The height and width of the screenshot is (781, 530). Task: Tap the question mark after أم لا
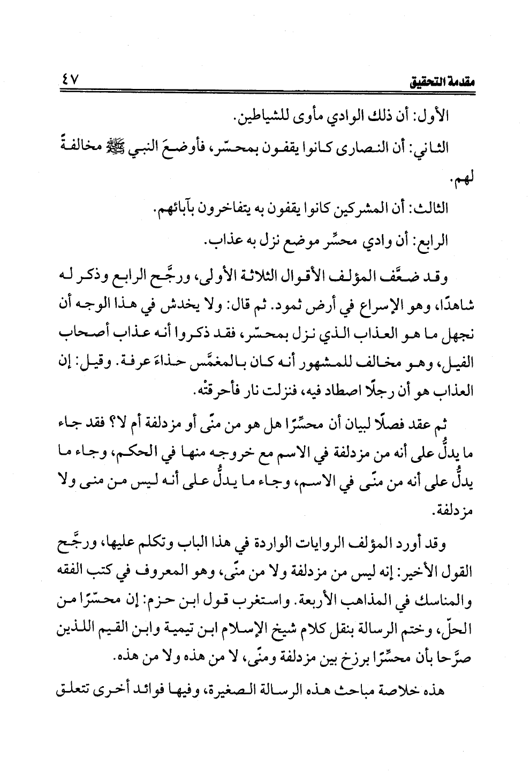(107, 423)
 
